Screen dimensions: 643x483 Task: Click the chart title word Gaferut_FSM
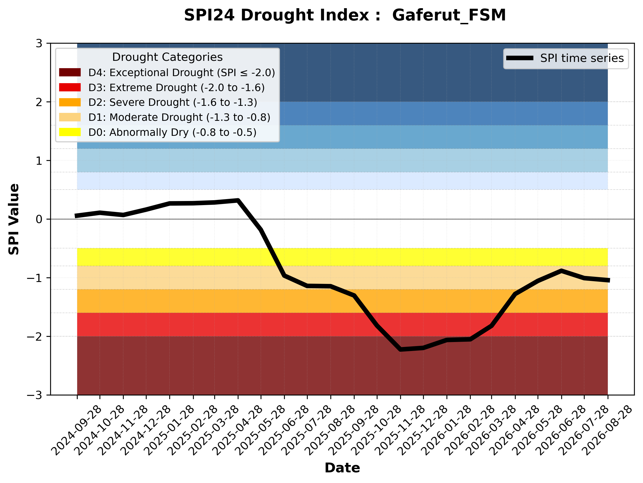click(x=449, y=16)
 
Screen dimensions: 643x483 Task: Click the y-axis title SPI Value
click(x=14, y=219)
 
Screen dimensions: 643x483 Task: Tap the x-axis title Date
click(x=342, y=468)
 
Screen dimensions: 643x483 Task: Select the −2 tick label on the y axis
click(x=35, y=337)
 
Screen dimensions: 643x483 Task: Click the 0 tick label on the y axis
click(x=39, y=219)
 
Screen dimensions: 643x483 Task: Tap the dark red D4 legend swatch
click(x=70, y=72)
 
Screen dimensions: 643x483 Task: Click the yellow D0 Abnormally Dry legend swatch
click(x=70, y=132)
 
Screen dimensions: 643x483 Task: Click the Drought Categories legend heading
click(x=167, y=57)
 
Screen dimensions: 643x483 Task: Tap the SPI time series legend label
click(x=582, y=58)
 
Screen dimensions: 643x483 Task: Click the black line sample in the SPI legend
click(x=520, y=58)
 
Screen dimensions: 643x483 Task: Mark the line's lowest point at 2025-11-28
click(x=400, y=349)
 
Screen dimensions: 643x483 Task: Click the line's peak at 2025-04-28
click(x=238, y=200)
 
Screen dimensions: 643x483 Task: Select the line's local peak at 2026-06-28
click(x=561, y=271)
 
